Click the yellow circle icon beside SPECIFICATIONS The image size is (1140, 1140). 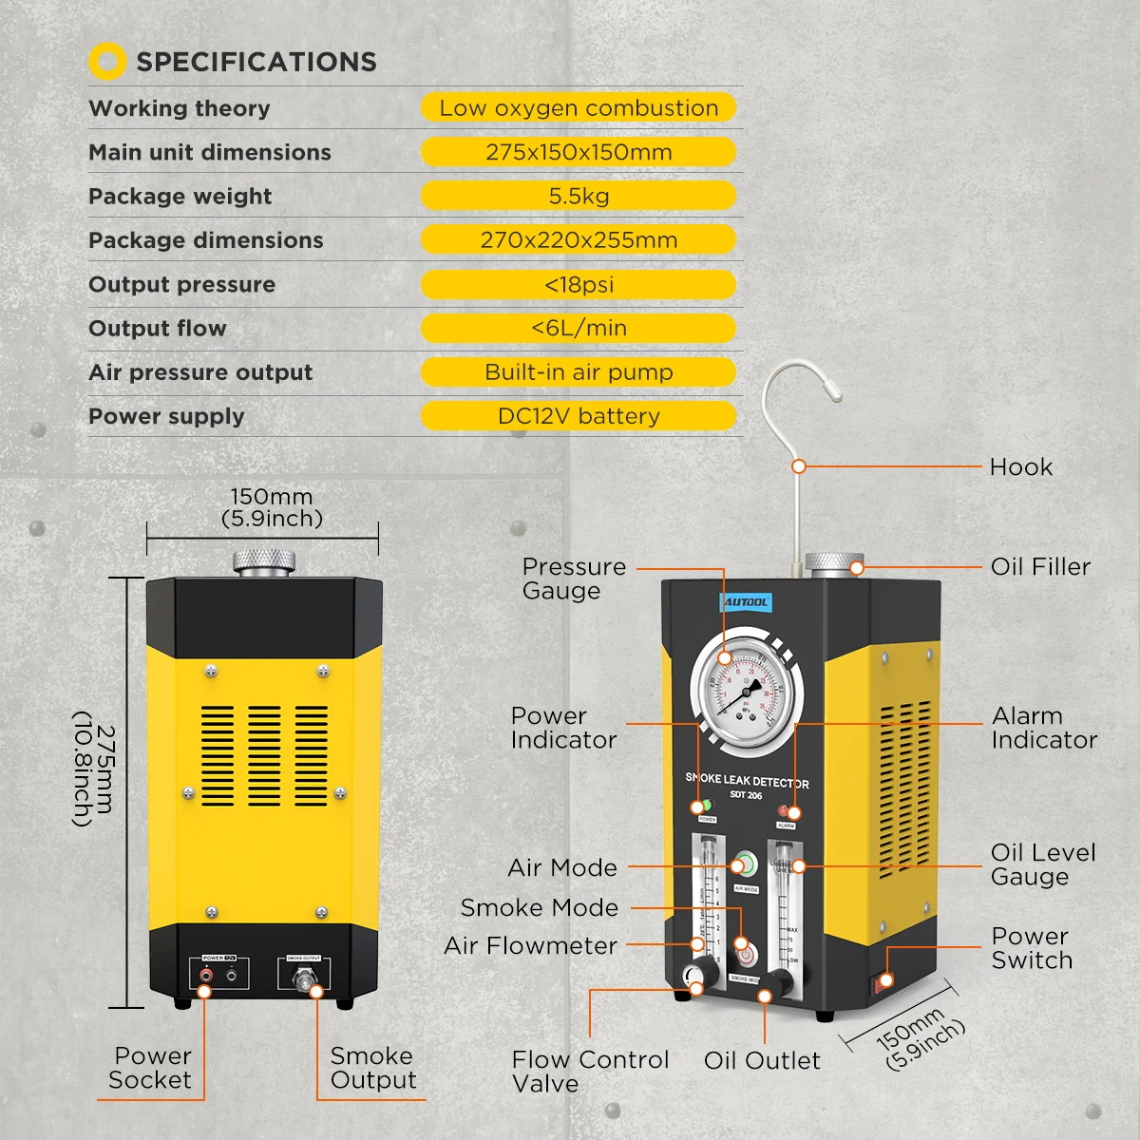107,62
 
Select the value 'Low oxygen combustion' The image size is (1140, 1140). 579,108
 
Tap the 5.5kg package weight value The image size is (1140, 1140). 579,197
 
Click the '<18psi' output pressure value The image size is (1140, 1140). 579,285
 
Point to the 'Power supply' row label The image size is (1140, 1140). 166,417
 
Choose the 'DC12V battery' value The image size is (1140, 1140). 579,416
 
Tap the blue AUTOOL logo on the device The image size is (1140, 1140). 746,602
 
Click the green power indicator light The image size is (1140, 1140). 706,807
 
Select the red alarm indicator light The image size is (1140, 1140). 785,811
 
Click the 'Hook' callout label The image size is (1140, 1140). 1021,467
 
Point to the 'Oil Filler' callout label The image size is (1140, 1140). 1040,567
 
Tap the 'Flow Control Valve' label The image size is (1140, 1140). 589,1072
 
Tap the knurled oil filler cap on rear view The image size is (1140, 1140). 263,560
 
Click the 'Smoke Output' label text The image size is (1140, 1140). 372,1068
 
